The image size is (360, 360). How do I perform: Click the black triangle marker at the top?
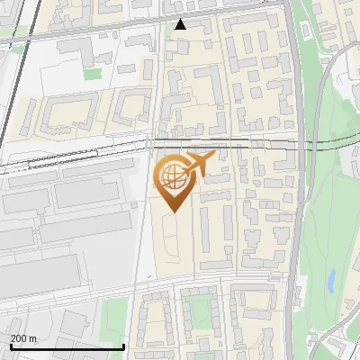(x=181, y=24)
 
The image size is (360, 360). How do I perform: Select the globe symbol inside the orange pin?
(x=172, y=175)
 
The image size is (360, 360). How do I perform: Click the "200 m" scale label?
(x=23, y=338)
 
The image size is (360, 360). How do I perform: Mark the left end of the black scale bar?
(x=11, y=346)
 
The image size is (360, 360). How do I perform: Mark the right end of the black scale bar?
(x=123, y=346)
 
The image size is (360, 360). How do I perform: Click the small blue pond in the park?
(x=331, y=282)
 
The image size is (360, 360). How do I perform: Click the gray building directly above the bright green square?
(x=92, y=56)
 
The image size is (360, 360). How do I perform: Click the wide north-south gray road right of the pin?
(x=294, y=207)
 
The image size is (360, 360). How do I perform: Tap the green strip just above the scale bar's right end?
(x=113, y=319)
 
